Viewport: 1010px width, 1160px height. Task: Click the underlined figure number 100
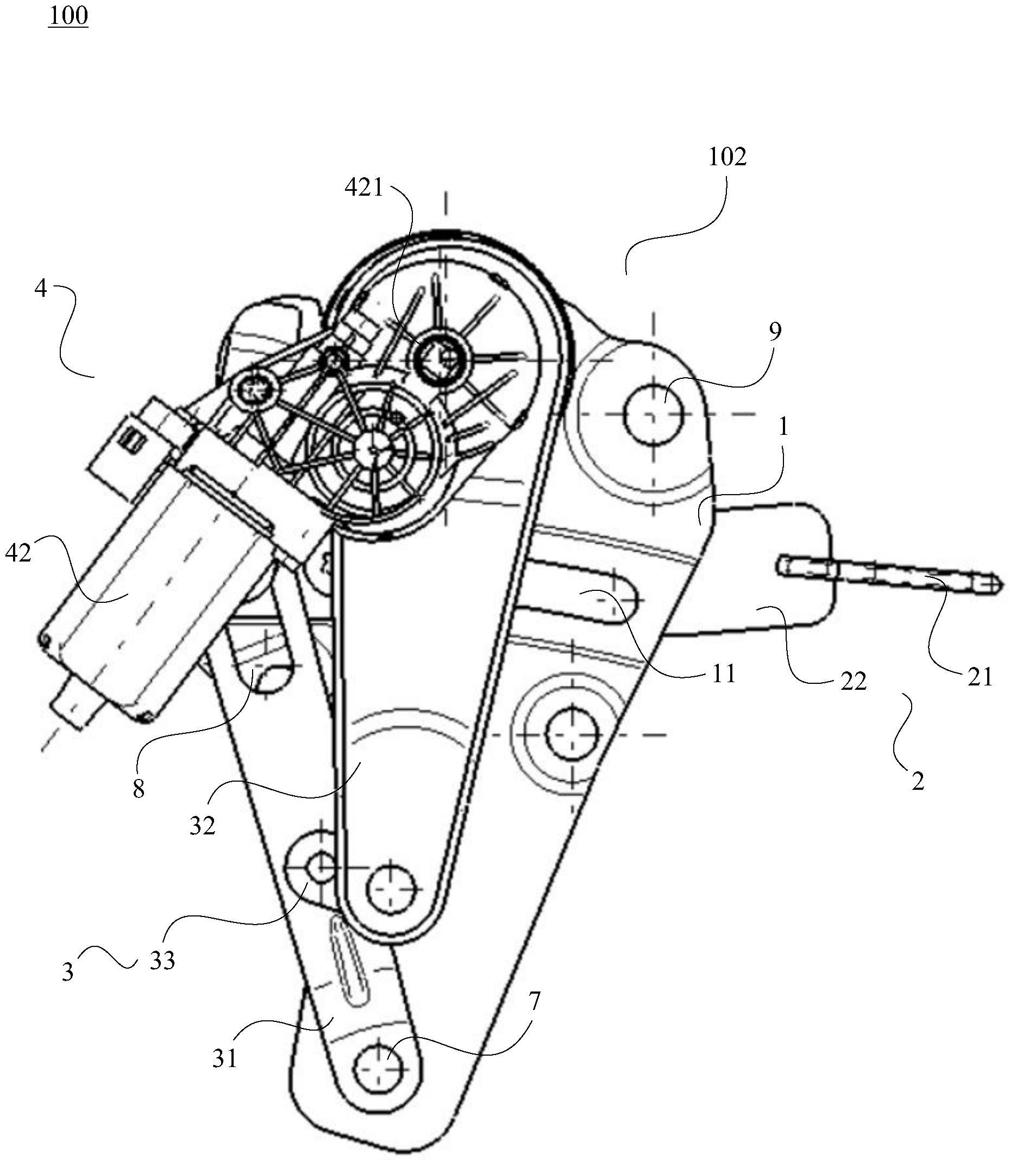tap(68, 16)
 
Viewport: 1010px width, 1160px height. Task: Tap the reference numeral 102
tap(727, 157)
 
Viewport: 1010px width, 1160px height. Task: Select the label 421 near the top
tap(364, 187)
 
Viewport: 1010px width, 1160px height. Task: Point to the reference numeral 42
tap(18, 554)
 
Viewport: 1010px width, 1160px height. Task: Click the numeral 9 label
tap(775, 332)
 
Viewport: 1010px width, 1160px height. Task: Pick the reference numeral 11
tap(724, 674)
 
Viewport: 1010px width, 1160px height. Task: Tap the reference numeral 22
tap(853, 682)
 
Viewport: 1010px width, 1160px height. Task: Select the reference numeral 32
tap(202, 826)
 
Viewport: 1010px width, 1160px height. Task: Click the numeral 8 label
tap(139, 789)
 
